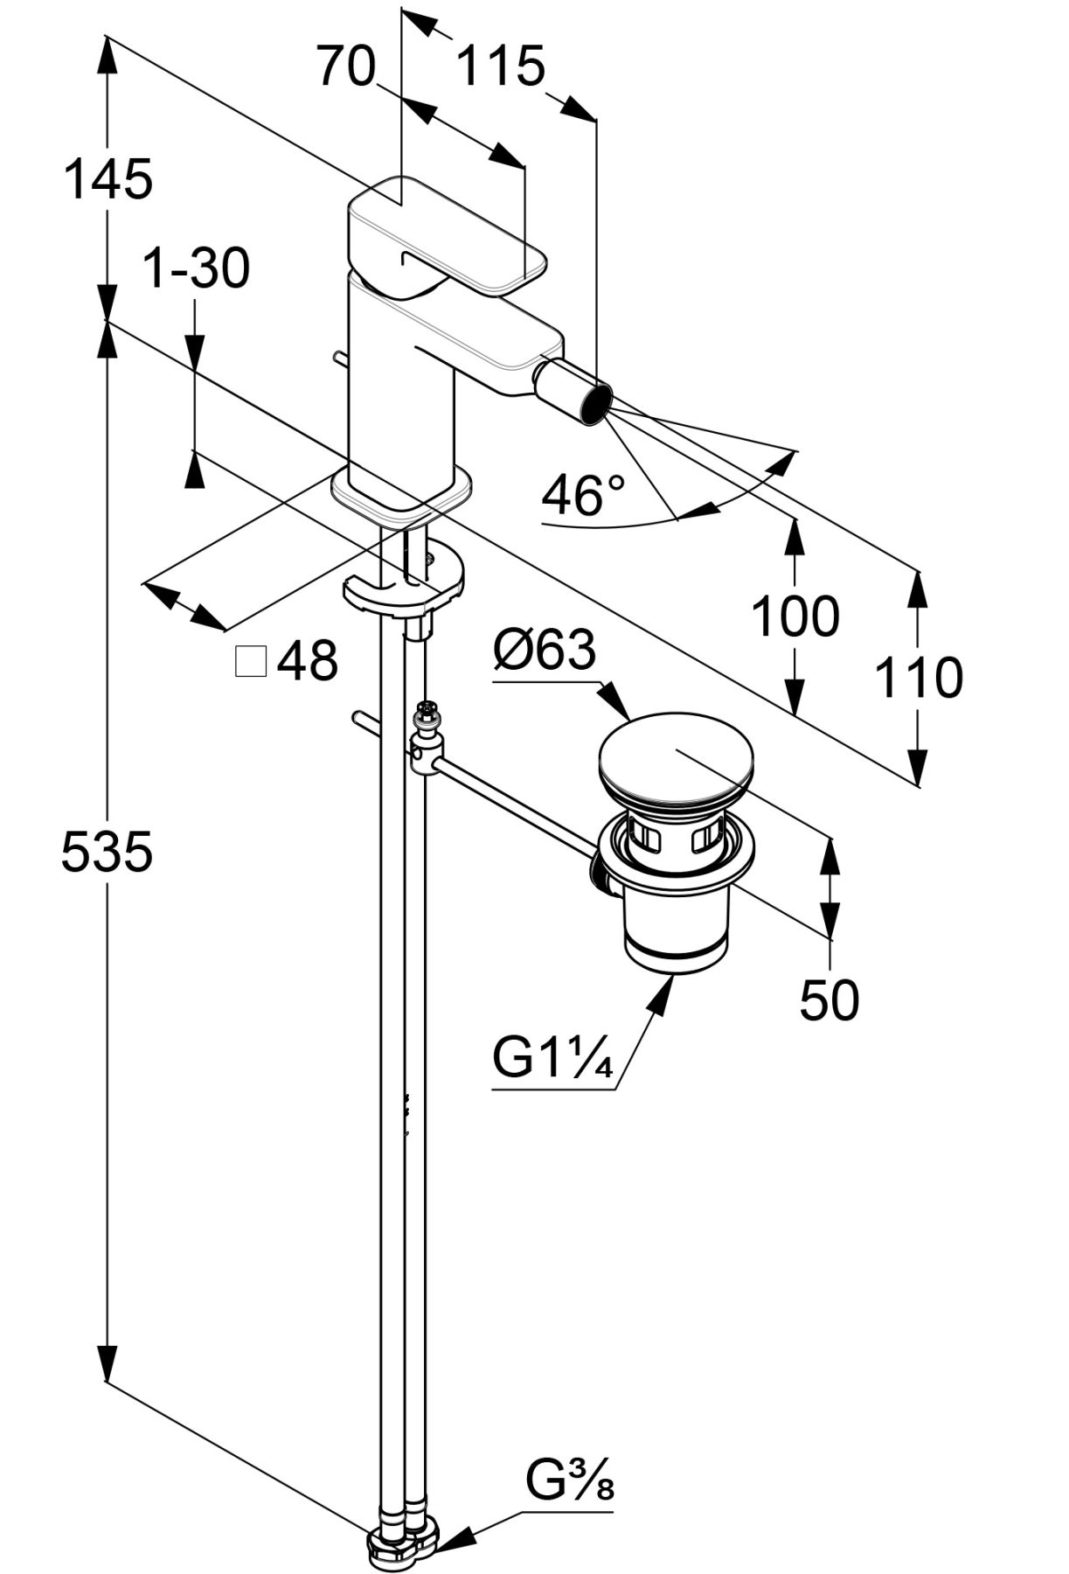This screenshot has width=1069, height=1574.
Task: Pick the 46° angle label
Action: (x=583, y=496)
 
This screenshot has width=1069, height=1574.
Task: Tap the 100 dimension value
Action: (x=795, y=616)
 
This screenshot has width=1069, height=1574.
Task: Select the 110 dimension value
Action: (x=919, y=678)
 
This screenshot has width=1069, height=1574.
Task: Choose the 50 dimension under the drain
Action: (x=829, y=999)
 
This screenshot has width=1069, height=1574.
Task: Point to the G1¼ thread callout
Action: (x=552, y=1059)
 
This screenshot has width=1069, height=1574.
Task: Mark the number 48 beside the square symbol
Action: (x=308, y=660)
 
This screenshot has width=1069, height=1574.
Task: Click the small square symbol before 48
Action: (x=251, y=662)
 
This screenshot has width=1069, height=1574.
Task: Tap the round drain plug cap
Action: (x=673, y=756)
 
